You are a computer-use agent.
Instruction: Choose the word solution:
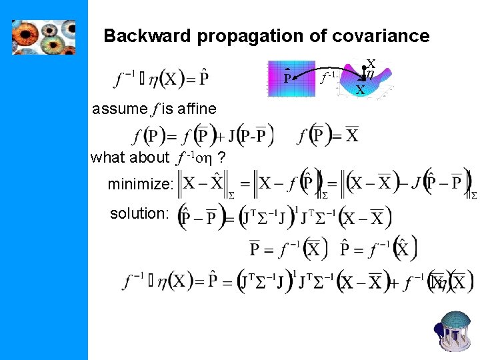click(139, 214)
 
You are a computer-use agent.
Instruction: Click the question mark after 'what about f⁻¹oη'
click(221, 158)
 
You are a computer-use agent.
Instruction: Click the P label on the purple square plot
click(288, 79)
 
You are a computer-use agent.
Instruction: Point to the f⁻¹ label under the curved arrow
click(327, 78)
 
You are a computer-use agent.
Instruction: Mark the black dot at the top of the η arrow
click(364, 69)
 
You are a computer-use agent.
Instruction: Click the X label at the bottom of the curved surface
click(360, 89)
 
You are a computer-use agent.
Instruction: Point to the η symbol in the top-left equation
click(153, 79)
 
